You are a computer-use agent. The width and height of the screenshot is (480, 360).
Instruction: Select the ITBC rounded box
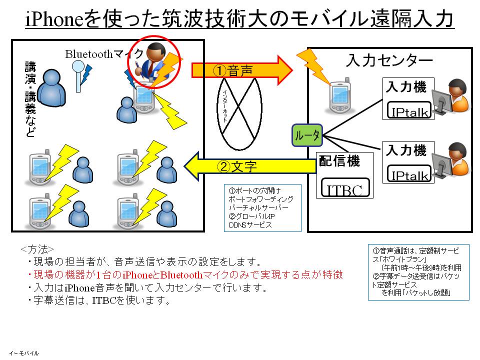click(x=344, y=189)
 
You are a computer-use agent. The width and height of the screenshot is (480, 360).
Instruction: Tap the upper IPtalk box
click(x=409, y=111)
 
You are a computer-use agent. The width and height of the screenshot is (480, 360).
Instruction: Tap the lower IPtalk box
click(x=409, y=174)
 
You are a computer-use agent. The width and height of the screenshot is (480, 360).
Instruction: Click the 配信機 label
click(x=339, y=161)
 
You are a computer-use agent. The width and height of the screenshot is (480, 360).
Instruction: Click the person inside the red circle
click(x=152, y=62)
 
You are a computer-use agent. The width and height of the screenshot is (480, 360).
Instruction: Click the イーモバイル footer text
click(x=23, y=353)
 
